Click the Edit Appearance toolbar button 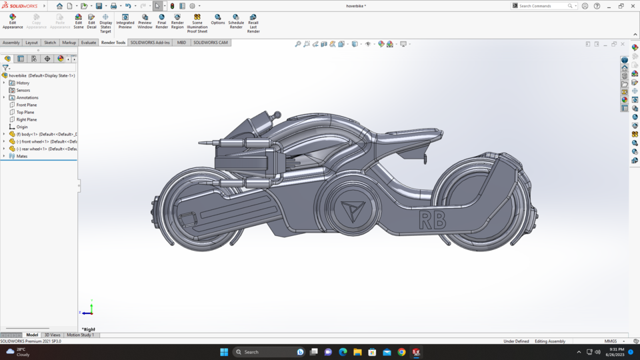pyautogui.click(x=13, y=21)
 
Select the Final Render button pyautogui.click(x=161, y=21)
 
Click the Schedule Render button pyautogui.click(x=236, y=21)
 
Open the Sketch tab pyautogui.click(x=50, y=43)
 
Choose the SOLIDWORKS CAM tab pyautogui.click(x=211, y=43)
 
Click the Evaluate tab pyautogui.click(x=89, y=43)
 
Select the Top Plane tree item pyautogui.click(x=26, y=112)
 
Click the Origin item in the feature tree pyautogui.click(x=22, y=127)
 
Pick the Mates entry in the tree pyautogui.click(x=22, y=156)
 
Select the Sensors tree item pyautogui.click(x=23, y=90)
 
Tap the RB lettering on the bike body pyautogui.click(x=432, y=220)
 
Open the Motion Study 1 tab pyautogui.click(x=80, y=335)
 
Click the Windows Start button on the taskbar pyautogui.click(x=224, y=352)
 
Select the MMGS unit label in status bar pyautogui.click(x=611, y=341)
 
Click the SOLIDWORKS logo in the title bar pyautogui.click(x=20, y=6)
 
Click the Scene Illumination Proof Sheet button pyautogui.click(x=197, y=23)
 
